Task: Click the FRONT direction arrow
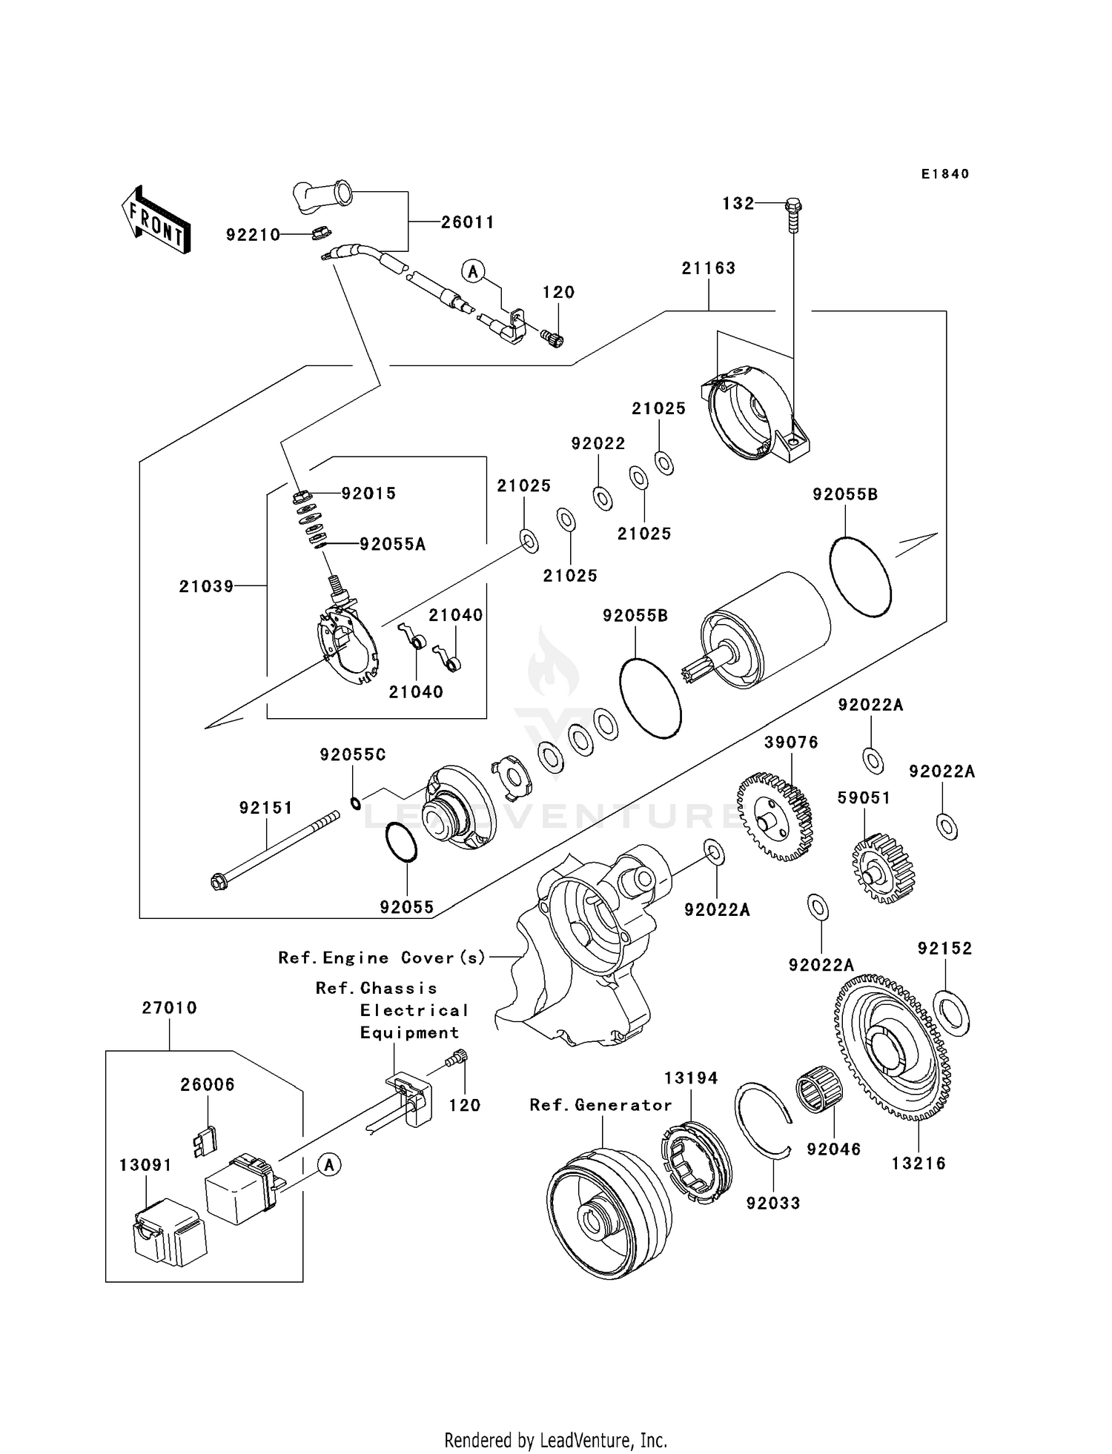point(156,222)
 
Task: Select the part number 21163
point(708,268)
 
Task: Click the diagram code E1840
point(944,174)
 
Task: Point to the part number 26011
point(467,222)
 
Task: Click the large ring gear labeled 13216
point(896,1048)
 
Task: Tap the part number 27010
point(169,1008)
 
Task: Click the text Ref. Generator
point(600,1105)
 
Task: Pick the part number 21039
point(206,586)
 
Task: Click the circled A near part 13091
point(329,1165)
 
